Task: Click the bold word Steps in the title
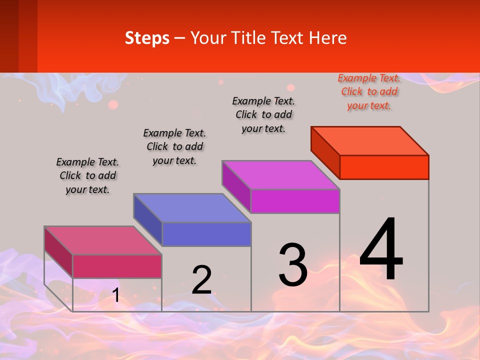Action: tap(147, 38)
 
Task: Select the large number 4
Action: tap(381, 249)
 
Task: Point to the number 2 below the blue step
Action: tap(201, 279)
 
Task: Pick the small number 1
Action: tap(116, 295)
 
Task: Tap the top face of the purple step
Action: tap(281, 175)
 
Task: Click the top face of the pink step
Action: tap(103, 240)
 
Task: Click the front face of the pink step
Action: tap(117, 266)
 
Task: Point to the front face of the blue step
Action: tap(206, 234)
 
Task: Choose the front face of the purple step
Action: tap(295, 201)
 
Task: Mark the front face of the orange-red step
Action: tap(384, 167)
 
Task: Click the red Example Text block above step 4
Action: tap(369, 91)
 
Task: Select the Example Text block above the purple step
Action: tap(263, 114)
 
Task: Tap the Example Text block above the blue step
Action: tap(174, 146)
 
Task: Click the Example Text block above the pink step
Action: tap(87, 175)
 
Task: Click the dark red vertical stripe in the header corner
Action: tap(9, 36)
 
